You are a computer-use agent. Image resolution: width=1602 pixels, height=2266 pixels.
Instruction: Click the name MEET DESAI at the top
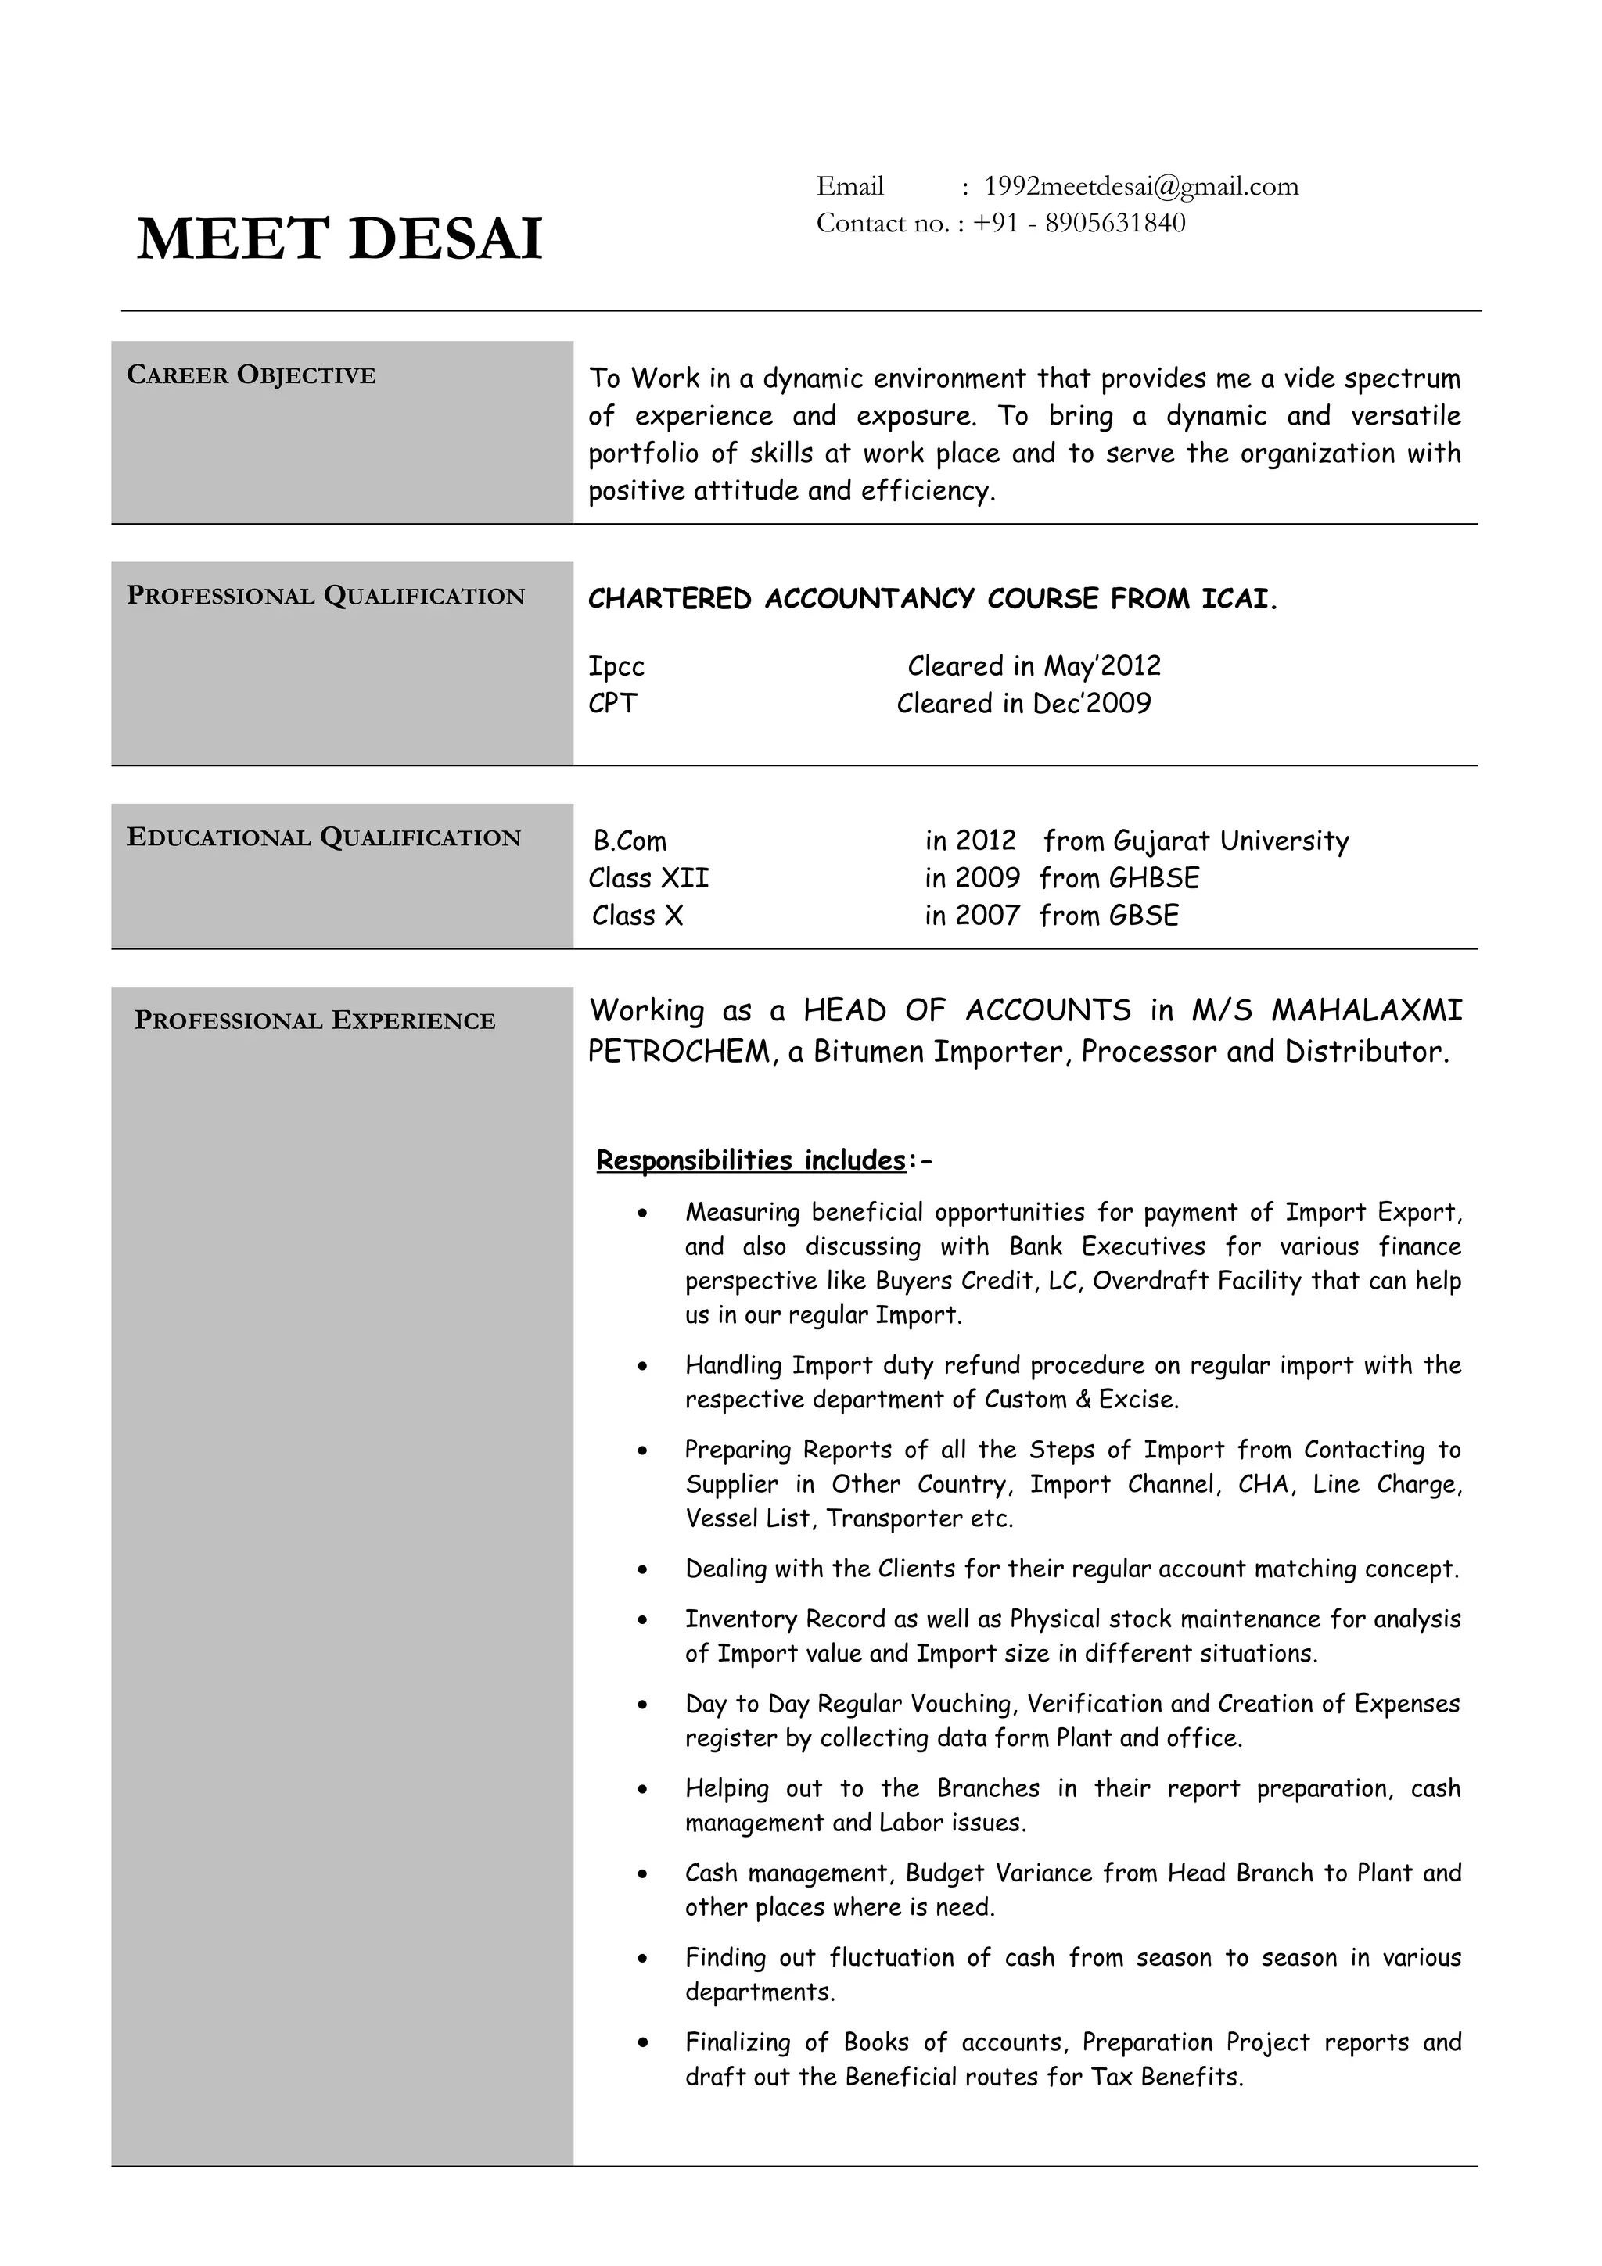pyautogui.click(x=339, y=240)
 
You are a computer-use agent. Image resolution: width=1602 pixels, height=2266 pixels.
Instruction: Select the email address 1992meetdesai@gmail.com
pyautogui.click(x=1141, y=187)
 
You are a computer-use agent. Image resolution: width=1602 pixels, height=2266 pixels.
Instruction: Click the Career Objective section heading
pyautogui.click(x=251, y=376)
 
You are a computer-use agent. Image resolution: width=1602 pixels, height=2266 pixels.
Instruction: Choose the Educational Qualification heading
pyautogui.click(x=324, y=838)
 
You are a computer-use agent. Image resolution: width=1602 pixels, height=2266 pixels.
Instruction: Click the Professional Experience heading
pyautogui.click(x=315, y=1021)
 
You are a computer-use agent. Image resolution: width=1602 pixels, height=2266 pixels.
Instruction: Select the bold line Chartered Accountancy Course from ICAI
pyautogui.click(x=932, y=600)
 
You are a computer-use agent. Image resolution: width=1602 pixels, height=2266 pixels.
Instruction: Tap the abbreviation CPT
pyautogui.click(x=613, y=705)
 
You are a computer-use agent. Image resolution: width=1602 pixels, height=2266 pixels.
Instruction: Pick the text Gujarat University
pyautogui.click(x=1230, y=842)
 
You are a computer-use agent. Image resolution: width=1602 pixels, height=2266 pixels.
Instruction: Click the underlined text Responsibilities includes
pyautogui.click(x=750, y=1160)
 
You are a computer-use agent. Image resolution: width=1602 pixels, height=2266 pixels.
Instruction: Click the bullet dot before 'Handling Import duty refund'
pyautogui.click(x=642, y=1368)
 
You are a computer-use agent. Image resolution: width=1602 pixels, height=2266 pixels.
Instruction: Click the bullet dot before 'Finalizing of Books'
pyautogui.click(x=642, y=2043)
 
